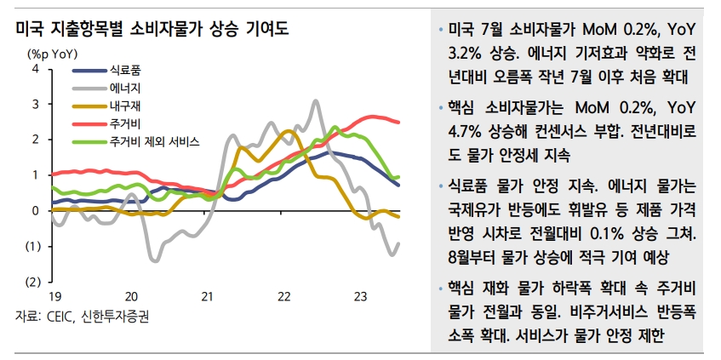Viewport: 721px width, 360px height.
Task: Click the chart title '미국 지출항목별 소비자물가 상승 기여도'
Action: coord(152,30)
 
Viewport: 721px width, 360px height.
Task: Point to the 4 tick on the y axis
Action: coord(35,68)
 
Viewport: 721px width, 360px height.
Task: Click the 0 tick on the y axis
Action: coord(35,210)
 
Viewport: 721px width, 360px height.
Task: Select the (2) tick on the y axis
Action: coord(31,282)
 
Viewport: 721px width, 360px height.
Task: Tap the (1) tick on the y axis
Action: coord(31,246)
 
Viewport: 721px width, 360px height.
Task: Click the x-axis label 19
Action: coord(54,296)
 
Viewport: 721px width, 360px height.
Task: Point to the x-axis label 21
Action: coord(207,296)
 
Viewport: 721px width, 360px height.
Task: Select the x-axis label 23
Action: coord(360,296)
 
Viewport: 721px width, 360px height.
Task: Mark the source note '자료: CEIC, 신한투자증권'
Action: coord(83,317)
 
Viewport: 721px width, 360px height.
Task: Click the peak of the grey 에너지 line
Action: coord(316,100)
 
